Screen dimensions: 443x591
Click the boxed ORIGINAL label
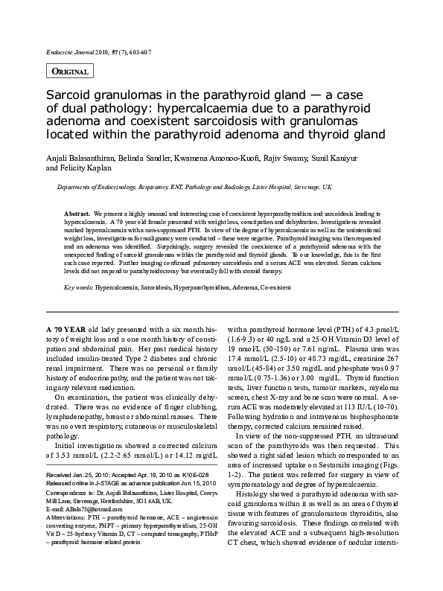pyautogui.click(x=71, y=71)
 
